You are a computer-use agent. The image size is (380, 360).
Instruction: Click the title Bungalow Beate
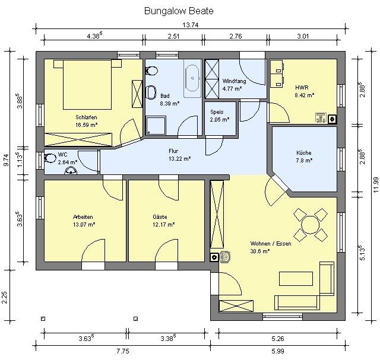(179, 11)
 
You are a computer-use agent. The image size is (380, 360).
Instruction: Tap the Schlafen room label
(86, 117)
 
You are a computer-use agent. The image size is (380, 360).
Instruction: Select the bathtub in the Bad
(192, 78)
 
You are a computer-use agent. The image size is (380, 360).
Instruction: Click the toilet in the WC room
(50, 158)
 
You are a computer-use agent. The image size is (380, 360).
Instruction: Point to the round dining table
(310, 225)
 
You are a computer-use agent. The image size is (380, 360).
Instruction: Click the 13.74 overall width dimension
(191, 25)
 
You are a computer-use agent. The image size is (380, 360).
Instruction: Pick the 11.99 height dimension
(376, 185)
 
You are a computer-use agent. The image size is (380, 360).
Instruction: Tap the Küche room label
(303, 153)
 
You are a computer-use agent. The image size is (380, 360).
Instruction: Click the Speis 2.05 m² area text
(220, 120)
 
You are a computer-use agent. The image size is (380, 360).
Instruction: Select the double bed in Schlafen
(87, 84)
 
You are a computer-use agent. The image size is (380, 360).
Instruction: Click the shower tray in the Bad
(156, 125)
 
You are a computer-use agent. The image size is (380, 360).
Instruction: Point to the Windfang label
(234, 81)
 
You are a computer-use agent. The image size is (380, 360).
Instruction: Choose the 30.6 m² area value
(260, 251)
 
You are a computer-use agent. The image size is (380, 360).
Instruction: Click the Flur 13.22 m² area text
(179, 159)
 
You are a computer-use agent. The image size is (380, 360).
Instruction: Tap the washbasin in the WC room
(71, 170)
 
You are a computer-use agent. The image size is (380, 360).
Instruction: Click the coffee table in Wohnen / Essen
(296, 279)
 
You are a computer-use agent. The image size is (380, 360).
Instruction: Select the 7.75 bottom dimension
(123, 351)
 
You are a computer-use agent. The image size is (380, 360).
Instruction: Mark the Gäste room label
(160, 216)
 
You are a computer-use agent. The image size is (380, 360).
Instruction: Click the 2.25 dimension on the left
(5, 297)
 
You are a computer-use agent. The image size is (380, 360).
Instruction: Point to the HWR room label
(302, 87)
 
